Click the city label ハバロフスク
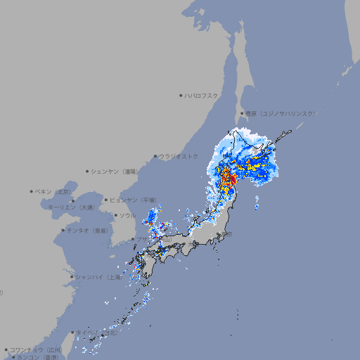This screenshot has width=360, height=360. click(202, 95)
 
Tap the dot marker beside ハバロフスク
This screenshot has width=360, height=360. click(181, 95)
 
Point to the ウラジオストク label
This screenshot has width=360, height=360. click(179, 156)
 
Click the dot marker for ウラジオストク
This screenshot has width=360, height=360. click(155, 156)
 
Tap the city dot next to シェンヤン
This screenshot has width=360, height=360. click(88, 171)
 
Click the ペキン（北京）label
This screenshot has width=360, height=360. click(54, 191)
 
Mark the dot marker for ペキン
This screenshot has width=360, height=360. click(32, 191)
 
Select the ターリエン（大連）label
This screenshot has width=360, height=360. click(71, 207)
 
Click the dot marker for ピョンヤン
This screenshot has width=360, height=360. click(106, 200)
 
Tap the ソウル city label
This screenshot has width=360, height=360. click(127, 215)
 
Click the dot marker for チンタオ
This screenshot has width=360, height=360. click(63, 230)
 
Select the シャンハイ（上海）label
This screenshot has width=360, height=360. click(98, 277)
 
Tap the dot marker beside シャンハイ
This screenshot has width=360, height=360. click(72, 277)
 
